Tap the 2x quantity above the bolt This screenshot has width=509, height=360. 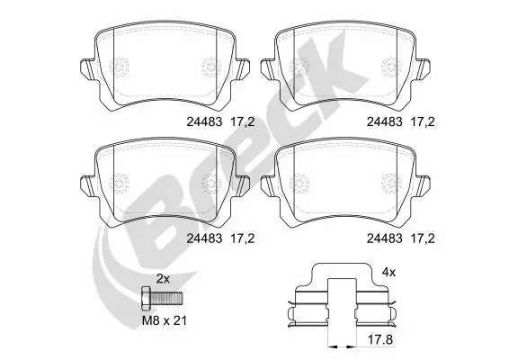click(164, 278)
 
